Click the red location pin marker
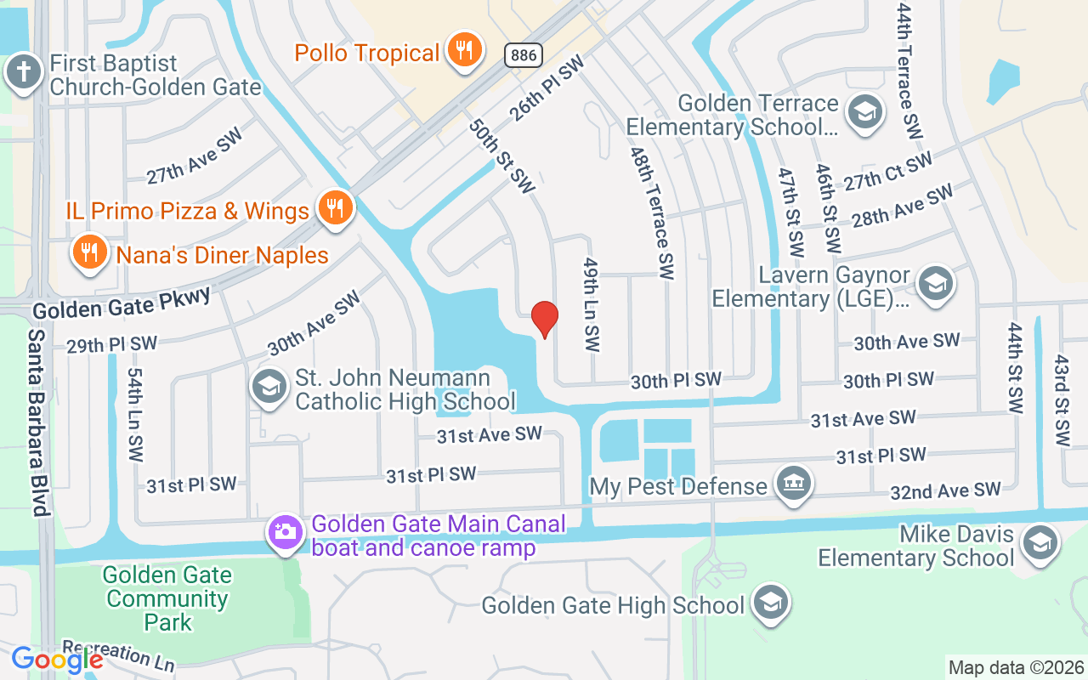[544, 320]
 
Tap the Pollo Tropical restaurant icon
[463, 51]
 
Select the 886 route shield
[523, 55]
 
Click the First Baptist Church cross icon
[24, 72]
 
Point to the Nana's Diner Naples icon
[88, 252]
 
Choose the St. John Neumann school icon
[269, 388]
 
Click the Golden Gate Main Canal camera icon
[285, 533]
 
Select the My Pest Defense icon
[795, 484]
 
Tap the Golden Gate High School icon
[770, 603]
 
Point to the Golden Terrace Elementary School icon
[864, 113]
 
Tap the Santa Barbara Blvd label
[37, 421]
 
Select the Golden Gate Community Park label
[167, 598]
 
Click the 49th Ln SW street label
[592, 306]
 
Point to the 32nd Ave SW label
[945, 490]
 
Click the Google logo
[56, 659]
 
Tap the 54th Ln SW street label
[136, 415]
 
